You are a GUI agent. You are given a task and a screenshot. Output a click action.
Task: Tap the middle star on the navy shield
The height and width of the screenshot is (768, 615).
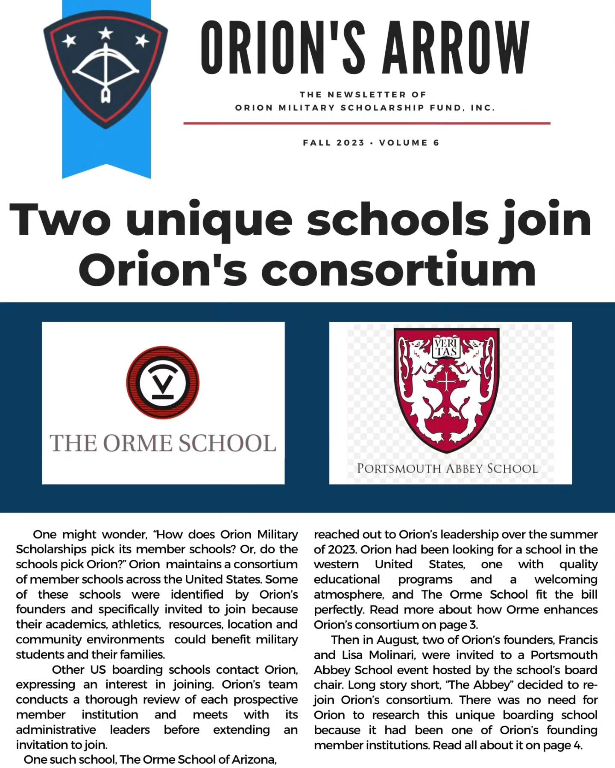pos(105,33)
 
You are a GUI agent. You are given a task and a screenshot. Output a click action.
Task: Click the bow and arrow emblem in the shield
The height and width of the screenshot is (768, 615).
pos(105,70)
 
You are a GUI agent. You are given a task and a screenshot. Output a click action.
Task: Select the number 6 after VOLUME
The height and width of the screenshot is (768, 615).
pos(436,143)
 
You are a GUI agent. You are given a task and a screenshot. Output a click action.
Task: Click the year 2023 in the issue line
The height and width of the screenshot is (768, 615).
pos(349,143)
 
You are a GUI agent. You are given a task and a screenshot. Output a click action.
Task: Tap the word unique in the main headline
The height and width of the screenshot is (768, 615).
pos(209,220)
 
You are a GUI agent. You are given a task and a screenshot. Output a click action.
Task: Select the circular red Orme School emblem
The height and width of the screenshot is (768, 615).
pos(163,382)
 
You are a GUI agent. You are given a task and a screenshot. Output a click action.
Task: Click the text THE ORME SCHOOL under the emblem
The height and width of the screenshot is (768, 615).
pos(163,443)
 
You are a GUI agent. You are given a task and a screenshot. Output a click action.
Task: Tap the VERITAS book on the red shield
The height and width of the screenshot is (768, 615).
pos(446,347)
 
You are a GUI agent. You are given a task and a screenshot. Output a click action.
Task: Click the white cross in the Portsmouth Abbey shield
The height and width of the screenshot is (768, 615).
pos(446,381)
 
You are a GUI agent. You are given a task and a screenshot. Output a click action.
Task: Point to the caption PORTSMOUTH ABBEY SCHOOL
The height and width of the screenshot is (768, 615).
pos(447,468)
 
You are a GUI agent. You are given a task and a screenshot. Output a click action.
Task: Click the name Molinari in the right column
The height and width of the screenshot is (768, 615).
pos(396,655)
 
